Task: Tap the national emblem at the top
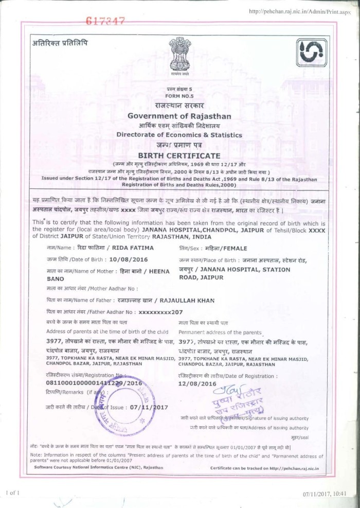click(x=179, y=54)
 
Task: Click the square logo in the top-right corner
click(x=311, y=52)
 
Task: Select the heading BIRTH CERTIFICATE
click(x=179, y=155)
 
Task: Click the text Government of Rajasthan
click(x=179, y=116)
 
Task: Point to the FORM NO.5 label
click(x=179, y=96)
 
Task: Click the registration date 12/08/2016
click(x=197, y=383)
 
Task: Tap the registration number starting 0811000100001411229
click(x=94, y=383)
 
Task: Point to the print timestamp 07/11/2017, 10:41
click(x=325, y=494)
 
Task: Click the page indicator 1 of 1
click(x=13, y=493)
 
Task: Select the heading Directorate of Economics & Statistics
click(x=179, y=135)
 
